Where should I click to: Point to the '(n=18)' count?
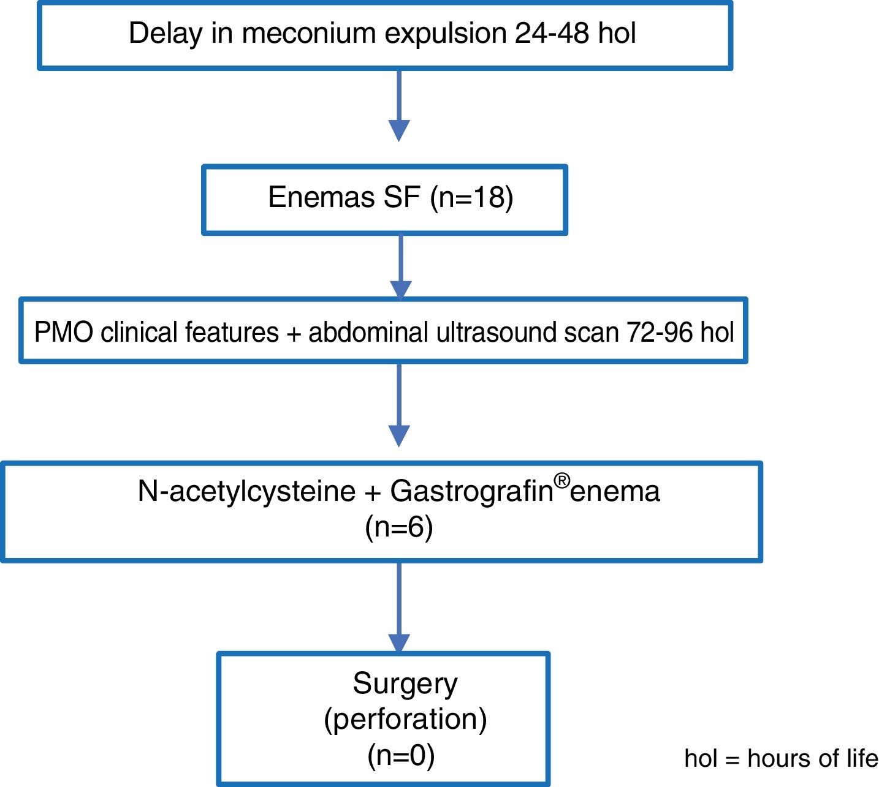click(471, 198)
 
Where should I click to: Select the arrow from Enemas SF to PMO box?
click(401, 266)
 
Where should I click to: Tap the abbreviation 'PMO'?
click(64, 333)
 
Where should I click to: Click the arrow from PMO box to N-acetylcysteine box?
click(399, 404)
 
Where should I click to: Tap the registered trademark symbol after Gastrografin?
click(561, 481)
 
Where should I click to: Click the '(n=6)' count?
click(399, 527)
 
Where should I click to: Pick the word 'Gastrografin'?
click(471, 491)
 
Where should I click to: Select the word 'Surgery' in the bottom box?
click(405, 683)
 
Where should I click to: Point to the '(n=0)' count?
click(401, 755)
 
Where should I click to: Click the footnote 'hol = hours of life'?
click(781, 759)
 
